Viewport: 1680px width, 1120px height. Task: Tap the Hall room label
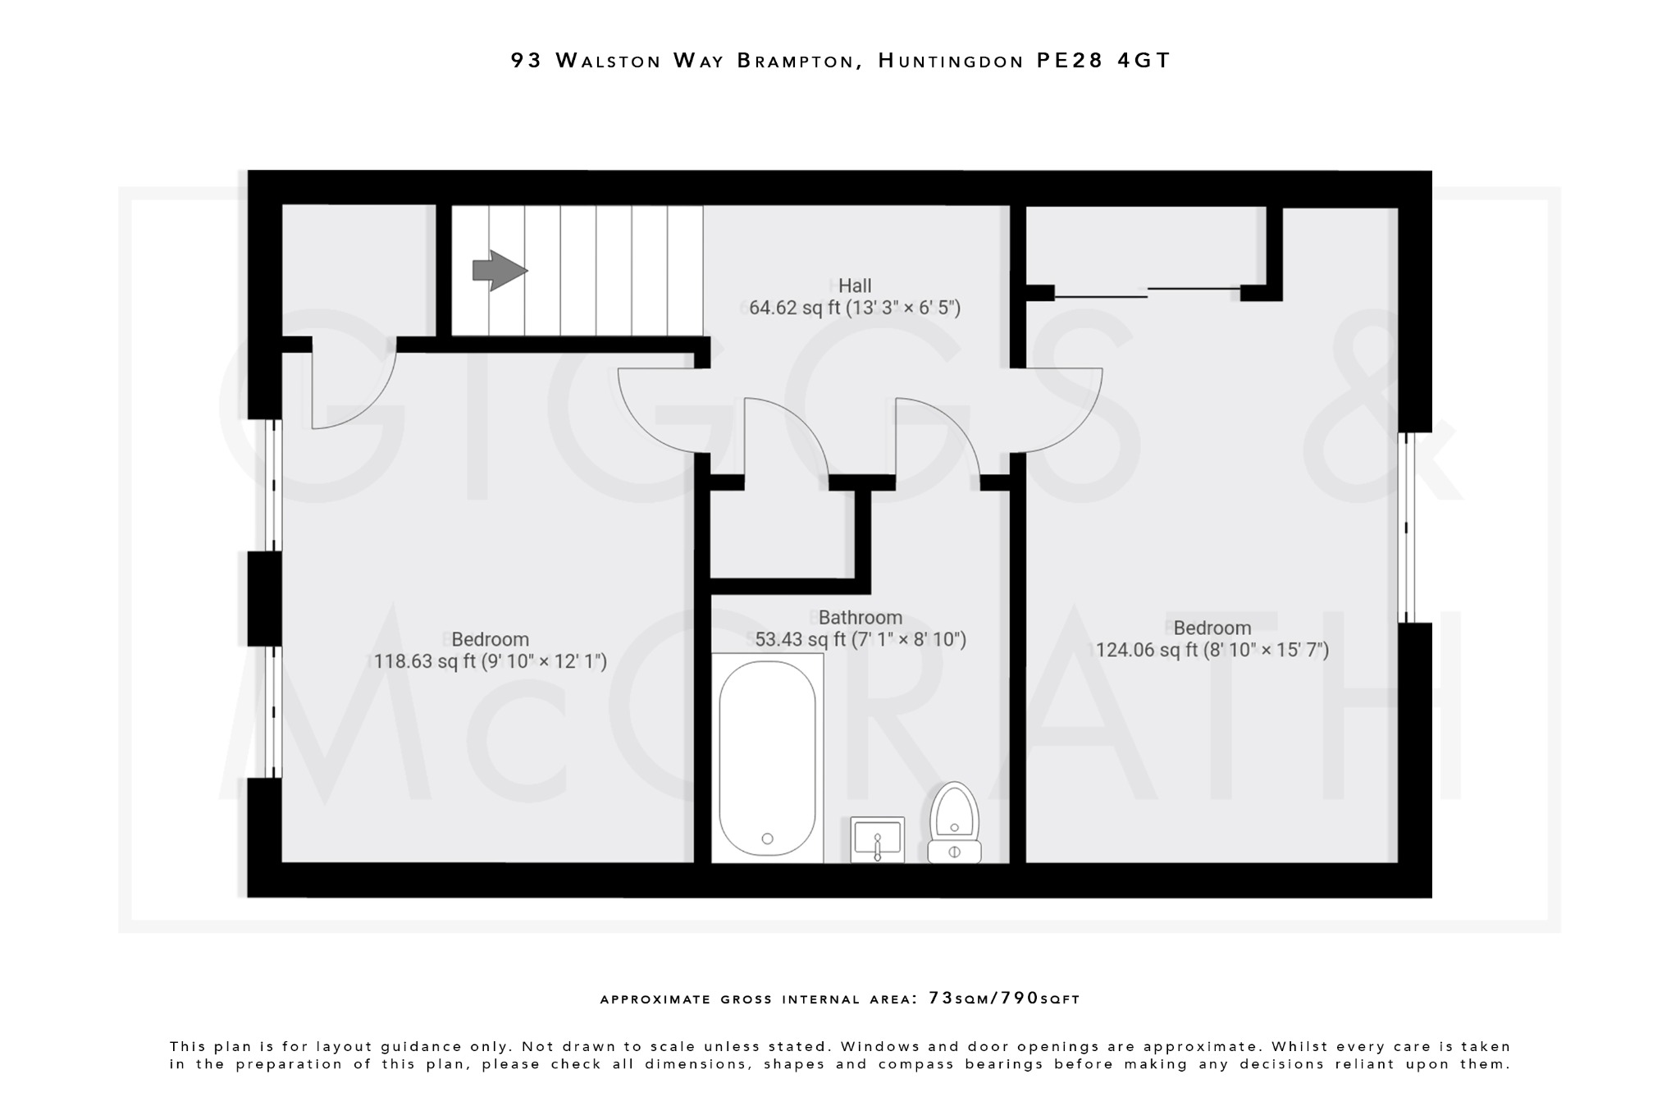tap(855, 286)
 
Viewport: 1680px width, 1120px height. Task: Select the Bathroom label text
tap(860, 617)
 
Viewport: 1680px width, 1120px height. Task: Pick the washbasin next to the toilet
tap(878, 839)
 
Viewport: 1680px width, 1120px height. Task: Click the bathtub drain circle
tap(767, 839)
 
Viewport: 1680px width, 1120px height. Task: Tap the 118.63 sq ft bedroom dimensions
tap(491, 661)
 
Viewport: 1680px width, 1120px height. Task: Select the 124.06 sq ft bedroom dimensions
tap(1212, 651)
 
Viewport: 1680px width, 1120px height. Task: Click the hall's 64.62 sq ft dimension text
tap(855, 308)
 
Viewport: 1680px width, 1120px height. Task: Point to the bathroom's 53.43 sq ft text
tap(860, 640)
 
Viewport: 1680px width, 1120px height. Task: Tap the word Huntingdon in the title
tap(951, 61)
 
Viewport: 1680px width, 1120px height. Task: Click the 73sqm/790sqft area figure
tap(1004, 999)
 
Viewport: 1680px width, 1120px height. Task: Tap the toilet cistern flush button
tap(954, 853)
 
